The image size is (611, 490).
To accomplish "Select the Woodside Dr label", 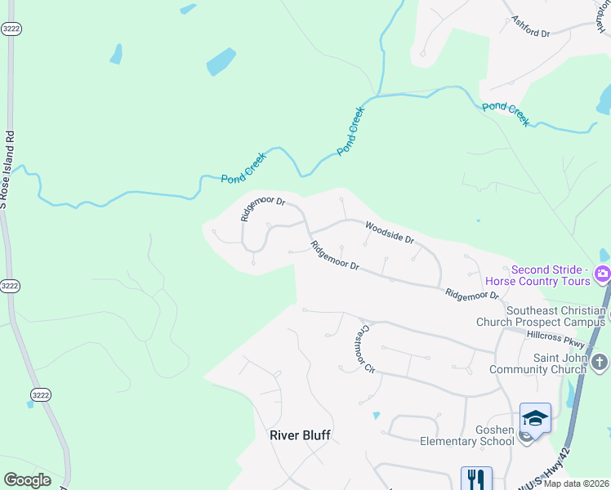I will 390,234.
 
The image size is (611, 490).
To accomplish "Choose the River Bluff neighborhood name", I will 300,435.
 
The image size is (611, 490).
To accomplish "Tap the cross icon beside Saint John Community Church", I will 600,360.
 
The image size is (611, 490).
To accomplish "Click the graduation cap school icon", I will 535,418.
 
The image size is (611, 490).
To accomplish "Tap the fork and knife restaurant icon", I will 476,479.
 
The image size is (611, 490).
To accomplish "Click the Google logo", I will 27,480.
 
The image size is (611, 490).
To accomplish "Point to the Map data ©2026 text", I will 577,483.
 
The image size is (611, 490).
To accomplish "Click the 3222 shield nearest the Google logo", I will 40,395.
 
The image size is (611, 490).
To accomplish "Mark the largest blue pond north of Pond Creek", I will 221,61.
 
